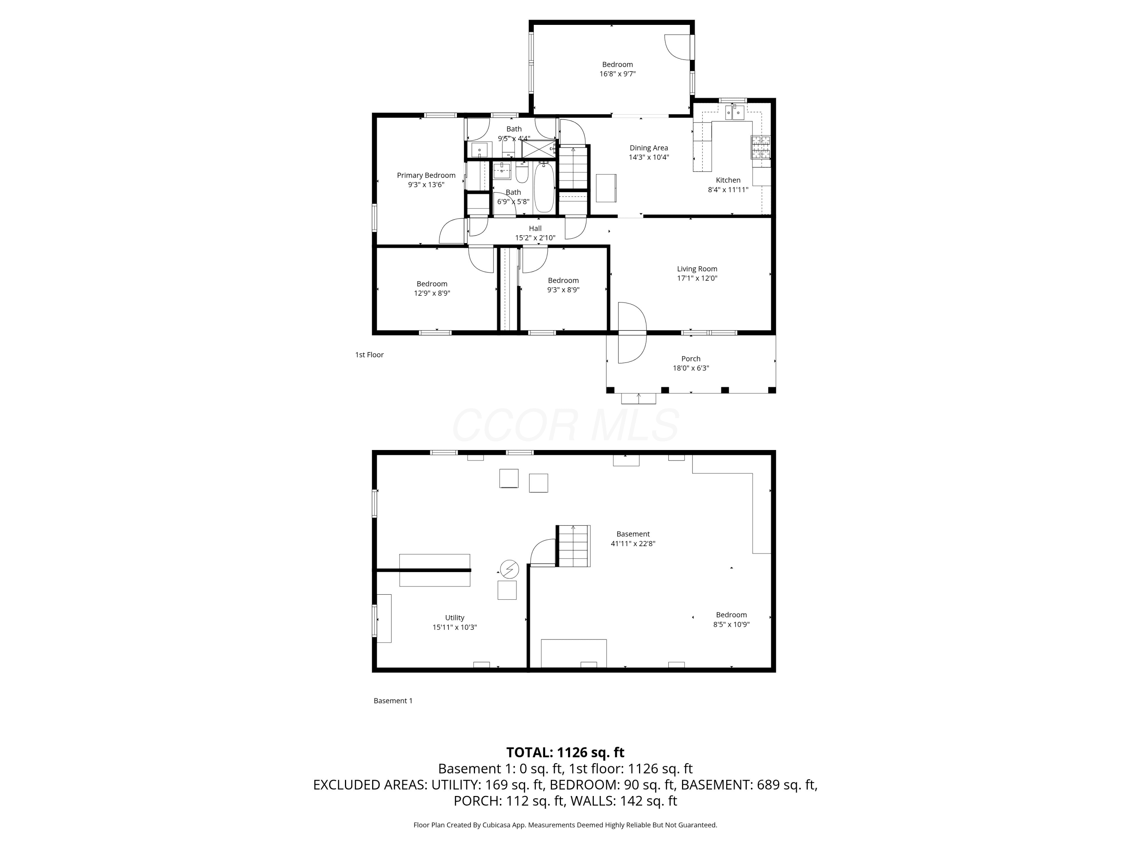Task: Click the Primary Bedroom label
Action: pyautogui.click(x=426, y=175)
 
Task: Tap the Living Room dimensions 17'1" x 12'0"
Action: pyautogui.click(x=697, y=279)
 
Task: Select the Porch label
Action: pyautogui.click(x=691, y=359)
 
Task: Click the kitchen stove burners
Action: pyautogui.click(x=760, y=147)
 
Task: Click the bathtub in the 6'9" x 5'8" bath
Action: pyautogui.click(x=544, y=188)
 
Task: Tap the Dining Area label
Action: pyautogui.click(x=649, y=148)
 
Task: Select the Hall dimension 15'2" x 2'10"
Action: pyautogui.click(x=535, y=238)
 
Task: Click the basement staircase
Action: pyautogui.click(x=573, y=545)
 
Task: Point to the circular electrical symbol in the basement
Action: pyautogui.click(x=509, y=569)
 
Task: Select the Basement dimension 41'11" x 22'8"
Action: pyautogui.click(x=633, y=543)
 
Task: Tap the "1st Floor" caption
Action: pyautogui.click(x=369, y=355)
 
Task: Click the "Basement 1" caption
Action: pyautogui.click(x=393, y=701)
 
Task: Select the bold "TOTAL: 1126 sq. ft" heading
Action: pyautogui.click(x=565, y=752)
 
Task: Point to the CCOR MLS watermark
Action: pyautogui.click(x=565, y=425)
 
